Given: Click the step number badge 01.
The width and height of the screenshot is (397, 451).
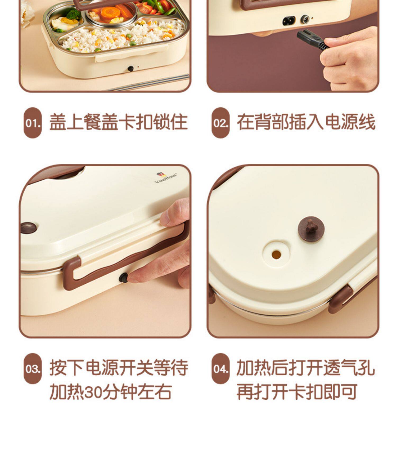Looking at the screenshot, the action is point(33,123).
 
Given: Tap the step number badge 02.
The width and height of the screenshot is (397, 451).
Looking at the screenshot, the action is point(220,123).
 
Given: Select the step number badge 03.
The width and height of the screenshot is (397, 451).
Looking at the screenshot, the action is point(33,369).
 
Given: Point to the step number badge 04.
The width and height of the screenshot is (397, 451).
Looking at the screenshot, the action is point(220,369).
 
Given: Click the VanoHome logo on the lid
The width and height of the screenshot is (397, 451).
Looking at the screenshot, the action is point(166,178).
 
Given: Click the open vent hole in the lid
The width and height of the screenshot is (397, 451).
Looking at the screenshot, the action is point(276,254).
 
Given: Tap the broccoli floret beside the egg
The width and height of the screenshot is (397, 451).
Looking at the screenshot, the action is point(73,14).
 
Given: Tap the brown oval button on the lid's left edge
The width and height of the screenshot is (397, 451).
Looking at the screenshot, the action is point(29,228).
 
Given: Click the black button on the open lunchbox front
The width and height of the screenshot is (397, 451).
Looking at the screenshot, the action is point(130,69).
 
